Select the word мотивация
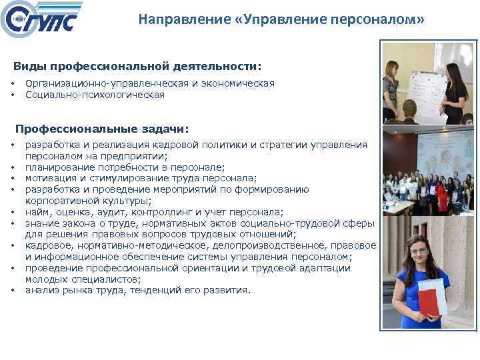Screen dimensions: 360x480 pyautogui.click(x=49, y=178)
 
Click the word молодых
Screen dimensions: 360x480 pyautogui.click(x=45, y=279)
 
